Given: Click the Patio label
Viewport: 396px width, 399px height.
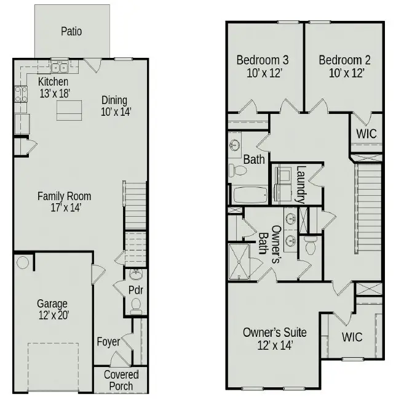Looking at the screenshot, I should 71,31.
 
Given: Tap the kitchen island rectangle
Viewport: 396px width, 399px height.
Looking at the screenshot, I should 70,111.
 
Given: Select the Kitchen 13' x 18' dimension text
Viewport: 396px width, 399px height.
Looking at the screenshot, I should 53,94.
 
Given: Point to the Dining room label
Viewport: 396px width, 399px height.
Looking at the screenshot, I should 114,100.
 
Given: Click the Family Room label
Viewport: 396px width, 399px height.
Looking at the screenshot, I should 64,196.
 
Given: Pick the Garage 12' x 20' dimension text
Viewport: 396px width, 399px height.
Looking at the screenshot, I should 52,315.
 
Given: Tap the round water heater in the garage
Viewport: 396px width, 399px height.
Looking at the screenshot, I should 23,263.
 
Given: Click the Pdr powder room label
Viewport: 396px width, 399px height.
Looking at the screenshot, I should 136,289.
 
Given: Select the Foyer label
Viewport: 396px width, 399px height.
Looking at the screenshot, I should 108,342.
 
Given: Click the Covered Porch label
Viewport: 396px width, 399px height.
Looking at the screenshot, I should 121,381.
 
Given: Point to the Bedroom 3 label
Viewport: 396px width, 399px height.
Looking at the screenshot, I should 263,60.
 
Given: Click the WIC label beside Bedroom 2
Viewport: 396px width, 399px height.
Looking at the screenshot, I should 366,133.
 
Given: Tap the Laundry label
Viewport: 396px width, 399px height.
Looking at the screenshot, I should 301,184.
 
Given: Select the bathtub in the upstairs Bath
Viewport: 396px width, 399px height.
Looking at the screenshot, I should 250,195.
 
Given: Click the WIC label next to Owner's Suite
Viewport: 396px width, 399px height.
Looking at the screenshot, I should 352,337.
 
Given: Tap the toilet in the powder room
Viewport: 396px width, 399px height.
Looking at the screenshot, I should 136,304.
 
